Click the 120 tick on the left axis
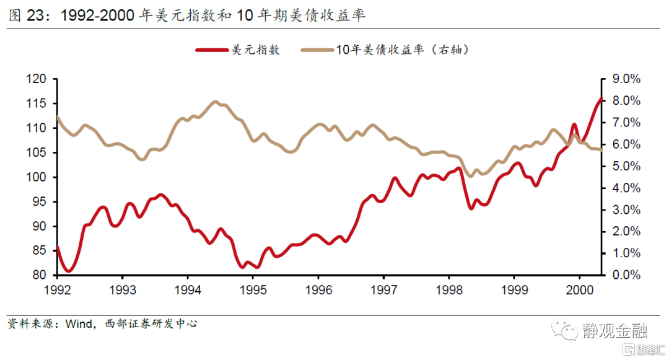tap(37, 79)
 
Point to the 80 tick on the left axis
tap(39, 275)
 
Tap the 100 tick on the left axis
tap(37, 177)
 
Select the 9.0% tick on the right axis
tap(626, 79)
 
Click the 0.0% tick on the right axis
tap(626, 275)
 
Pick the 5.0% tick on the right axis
tap(626, 166)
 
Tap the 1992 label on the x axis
tap(57, 290)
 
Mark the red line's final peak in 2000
tap(601, 99)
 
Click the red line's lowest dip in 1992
tap(68, 271)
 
